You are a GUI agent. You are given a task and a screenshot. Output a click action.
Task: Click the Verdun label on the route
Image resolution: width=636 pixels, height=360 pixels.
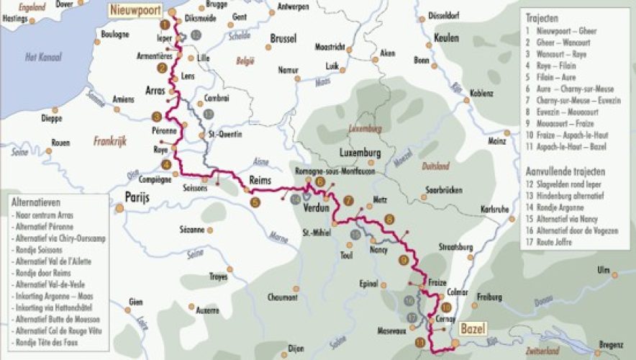point(317,208)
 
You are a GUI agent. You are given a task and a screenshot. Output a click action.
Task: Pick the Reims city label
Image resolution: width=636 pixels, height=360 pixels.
point(259,180)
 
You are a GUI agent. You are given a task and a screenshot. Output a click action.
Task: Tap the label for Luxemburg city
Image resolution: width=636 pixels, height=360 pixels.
point(359,153)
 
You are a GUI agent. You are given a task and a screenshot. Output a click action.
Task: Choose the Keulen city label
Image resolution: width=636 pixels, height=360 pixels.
point(447,38)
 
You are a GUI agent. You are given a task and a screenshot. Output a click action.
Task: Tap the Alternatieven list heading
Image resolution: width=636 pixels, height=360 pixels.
point(36,204)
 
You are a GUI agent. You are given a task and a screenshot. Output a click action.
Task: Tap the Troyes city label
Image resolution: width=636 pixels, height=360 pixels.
point(217,276)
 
